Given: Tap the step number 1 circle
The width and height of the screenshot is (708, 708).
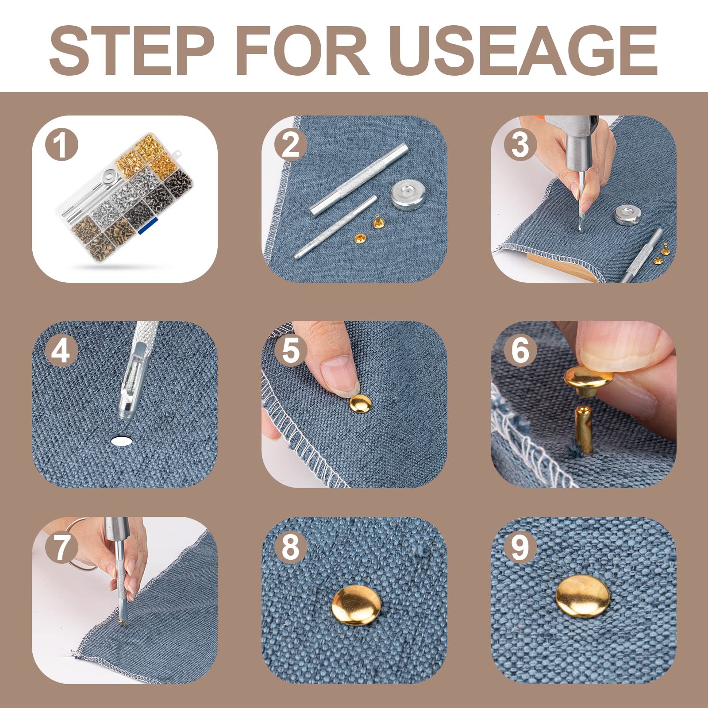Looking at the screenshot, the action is click(62, 145).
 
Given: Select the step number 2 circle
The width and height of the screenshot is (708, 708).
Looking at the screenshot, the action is click(290, 145).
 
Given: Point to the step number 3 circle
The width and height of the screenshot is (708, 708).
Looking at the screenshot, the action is click(520, 145).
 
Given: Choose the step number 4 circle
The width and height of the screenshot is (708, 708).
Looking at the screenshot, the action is click(62, 350).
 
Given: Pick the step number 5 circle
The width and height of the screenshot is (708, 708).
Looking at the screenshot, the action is click(290, 350).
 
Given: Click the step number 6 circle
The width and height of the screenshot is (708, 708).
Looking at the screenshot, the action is click(520, 350).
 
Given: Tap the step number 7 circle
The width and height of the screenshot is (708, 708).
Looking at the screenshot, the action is click(62, 546).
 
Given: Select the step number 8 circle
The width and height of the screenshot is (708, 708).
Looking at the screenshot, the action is click(290, 546).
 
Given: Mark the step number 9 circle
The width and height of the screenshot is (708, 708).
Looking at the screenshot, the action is click(520, 546).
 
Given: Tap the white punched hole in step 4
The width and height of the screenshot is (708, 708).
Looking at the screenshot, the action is click(122, 440).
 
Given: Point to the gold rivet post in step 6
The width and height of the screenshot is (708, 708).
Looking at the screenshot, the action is click(584, 430).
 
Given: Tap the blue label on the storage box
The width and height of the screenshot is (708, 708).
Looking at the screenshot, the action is click(145, 225).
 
